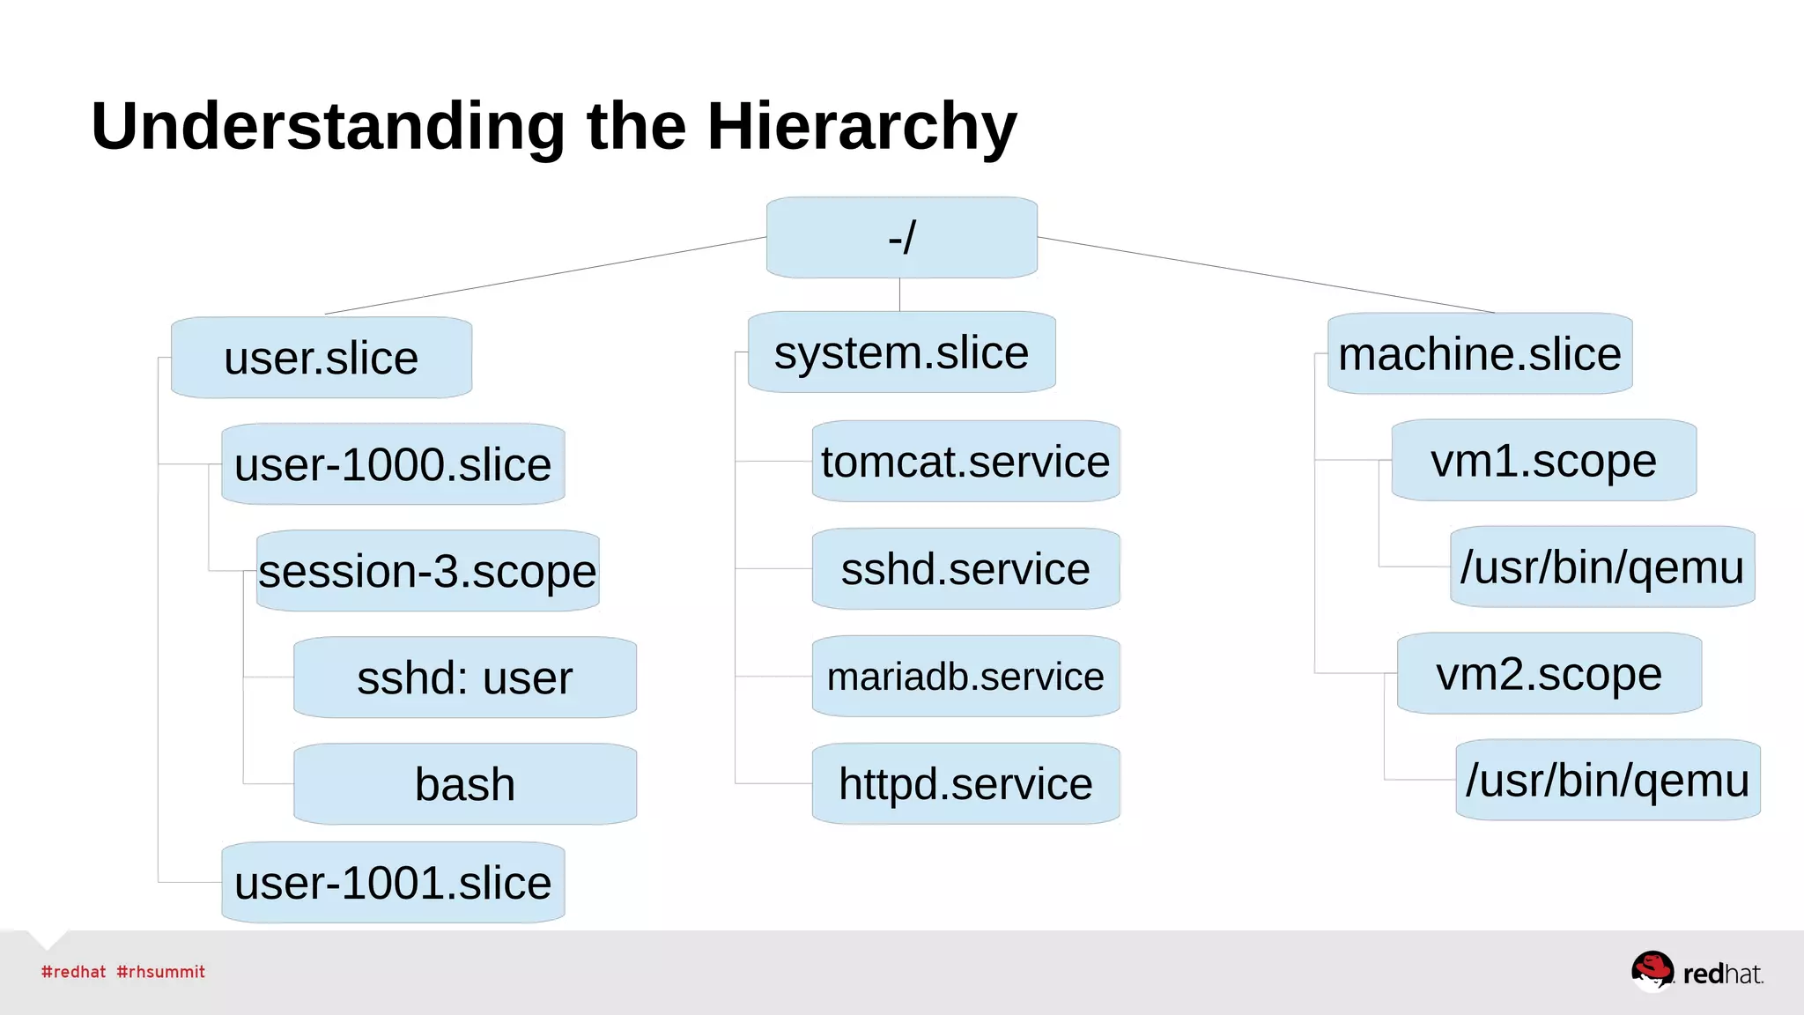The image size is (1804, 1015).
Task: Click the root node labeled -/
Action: coord(901,238)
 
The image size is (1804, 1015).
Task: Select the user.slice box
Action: coord(322,358)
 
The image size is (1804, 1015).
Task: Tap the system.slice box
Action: coord(901,352)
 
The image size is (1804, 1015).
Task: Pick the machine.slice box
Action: coord(1480,353)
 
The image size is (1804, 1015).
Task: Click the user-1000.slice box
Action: coord(393,464)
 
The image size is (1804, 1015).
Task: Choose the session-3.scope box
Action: coord(428,571)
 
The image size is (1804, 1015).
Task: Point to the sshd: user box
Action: coord(465,678)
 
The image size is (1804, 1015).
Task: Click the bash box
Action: coord(465,784)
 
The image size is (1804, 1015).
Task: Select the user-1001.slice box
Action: coord(393,882)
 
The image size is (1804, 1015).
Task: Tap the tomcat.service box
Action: coord(965,462)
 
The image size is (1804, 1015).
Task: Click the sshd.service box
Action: coord(965,569)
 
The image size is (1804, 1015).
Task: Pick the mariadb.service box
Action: coord(965,677)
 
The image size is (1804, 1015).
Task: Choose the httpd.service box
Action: coord(965,783)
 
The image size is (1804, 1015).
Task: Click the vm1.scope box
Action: coord(1543,460)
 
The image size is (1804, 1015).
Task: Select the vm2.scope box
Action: coord(1549,673)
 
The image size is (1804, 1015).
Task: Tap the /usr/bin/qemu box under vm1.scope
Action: coord(1602,567)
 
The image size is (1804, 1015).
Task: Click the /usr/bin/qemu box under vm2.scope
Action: coord(1608,780)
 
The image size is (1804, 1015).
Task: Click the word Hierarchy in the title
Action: coord(861,127)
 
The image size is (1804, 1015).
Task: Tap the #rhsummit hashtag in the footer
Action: coord(160,972)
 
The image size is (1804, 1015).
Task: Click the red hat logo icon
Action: coord(1652,970)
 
